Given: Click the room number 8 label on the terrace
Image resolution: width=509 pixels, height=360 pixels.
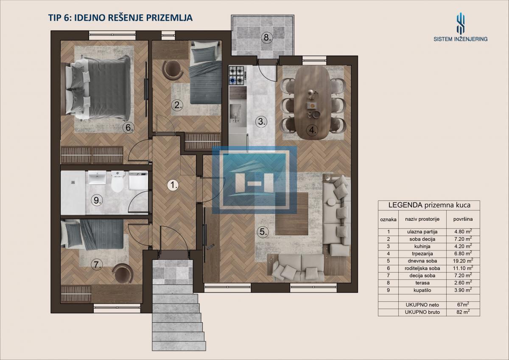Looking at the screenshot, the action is click(267, 37).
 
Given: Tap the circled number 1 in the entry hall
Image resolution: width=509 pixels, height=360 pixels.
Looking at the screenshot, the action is click(173, 185).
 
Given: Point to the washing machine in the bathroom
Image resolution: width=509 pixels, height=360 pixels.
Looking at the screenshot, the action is click(138, 181).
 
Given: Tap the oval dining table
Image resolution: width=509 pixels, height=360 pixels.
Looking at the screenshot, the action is click(313, 104).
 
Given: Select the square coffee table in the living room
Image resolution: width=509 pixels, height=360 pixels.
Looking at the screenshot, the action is click(292, 214).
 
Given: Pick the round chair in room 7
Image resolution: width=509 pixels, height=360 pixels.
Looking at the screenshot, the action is click(123, 273).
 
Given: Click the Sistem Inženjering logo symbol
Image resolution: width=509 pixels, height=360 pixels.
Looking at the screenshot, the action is click(460, 23).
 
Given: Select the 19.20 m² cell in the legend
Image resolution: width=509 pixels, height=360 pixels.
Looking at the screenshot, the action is click(463, 261).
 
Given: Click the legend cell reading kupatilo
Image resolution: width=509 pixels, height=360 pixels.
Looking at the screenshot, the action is click(422, 290).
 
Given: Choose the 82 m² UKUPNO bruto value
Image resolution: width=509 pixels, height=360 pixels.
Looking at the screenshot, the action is click(463, 312).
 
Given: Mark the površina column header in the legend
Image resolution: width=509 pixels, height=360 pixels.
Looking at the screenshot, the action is click(463, 219).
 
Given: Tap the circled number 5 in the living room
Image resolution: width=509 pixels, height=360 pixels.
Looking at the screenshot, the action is click(263, 232).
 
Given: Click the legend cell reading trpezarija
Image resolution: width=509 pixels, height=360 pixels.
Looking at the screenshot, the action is click(422, 253).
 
